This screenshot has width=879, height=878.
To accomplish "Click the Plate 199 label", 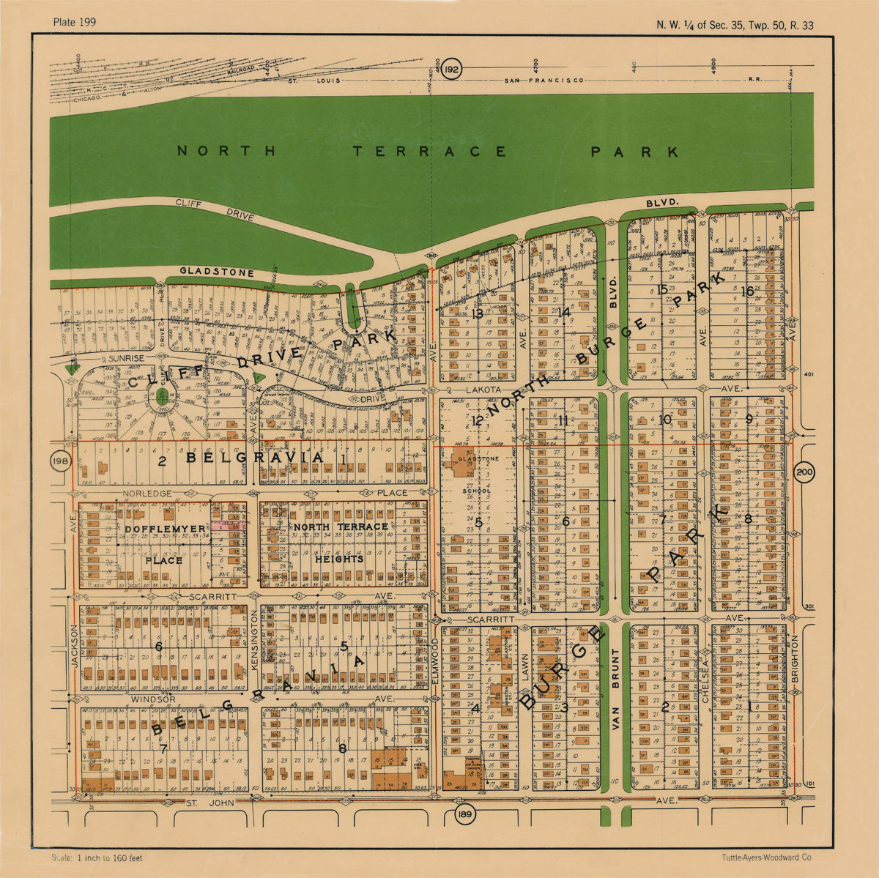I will click(75, 22).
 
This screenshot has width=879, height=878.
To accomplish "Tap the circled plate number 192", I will click(452, 70).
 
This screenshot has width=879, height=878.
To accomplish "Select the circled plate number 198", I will click(60, 462).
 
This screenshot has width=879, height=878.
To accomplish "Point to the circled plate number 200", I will click(804, 472).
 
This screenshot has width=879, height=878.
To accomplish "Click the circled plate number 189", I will click(461, 815).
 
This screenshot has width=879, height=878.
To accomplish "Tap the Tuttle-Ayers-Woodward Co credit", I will click(766, 858).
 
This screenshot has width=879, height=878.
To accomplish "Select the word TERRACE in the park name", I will click(429, 152).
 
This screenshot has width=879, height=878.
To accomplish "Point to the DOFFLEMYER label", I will click(154, 528).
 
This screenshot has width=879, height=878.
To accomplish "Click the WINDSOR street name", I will click(153, 700).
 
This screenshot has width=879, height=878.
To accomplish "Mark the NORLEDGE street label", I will click(147, 494).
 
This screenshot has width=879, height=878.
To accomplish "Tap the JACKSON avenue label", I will click(74, 645).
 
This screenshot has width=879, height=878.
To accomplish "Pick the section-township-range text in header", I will click(735, 26).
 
